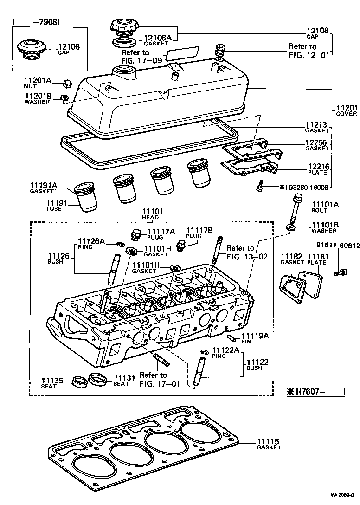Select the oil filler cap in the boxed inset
[31, 49]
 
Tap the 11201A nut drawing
[67, 84]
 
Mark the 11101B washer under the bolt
[291, 228]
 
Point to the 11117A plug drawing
[136, 235]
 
